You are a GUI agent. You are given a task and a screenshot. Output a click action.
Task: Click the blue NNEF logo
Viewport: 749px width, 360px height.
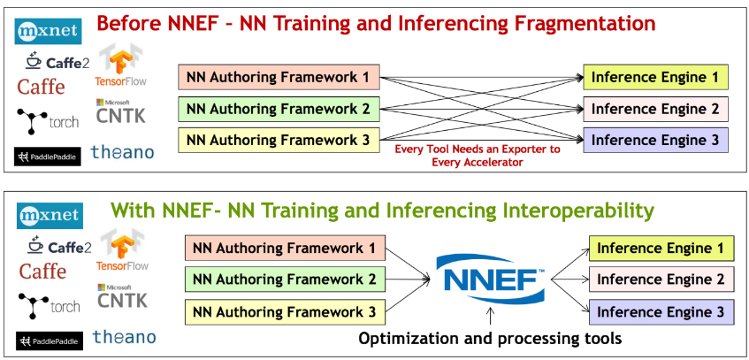coord(490,280)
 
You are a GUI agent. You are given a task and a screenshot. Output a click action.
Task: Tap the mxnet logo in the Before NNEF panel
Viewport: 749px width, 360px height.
coord(48,31)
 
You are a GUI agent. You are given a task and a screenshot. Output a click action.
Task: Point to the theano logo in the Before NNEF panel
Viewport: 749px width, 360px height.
coord(122,152)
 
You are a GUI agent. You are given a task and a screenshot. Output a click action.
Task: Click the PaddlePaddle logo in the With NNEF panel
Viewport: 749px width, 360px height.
coord(50,341)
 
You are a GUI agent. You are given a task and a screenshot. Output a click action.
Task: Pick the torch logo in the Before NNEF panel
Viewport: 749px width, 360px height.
coord(48,121)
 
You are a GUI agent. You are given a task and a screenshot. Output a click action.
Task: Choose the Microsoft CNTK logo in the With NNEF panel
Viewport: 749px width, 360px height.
coord(122,296)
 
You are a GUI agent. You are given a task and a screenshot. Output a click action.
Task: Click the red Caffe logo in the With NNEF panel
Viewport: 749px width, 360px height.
coord(42,272)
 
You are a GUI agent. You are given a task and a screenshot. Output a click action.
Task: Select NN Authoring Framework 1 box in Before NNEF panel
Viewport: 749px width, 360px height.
coord(279,78)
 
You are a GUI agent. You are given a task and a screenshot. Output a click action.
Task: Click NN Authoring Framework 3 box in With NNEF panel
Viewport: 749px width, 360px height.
coord(285,312)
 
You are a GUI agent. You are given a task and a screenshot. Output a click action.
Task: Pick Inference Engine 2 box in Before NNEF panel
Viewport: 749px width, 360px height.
coord(655,109)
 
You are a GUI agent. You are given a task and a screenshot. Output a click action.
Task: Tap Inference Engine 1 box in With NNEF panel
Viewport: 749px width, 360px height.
coord(661,249)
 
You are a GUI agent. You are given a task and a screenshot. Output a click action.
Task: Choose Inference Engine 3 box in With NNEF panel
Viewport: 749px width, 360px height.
coord(661,311)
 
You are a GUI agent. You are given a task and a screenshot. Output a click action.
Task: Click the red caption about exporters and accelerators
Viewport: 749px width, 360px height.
coord(477,156)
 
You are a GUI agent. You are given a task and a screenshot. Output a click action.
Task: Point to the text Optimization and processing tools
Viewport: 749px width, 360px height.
coord(490,339)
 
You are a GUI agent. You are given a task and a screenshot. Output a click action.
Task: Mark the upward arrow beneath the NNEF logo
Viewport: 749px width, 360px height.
coord(490,317)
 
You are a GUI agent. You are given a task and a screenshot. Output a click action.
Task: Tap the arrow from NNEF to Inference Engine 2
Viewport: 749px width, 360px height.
coord(569,280)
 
